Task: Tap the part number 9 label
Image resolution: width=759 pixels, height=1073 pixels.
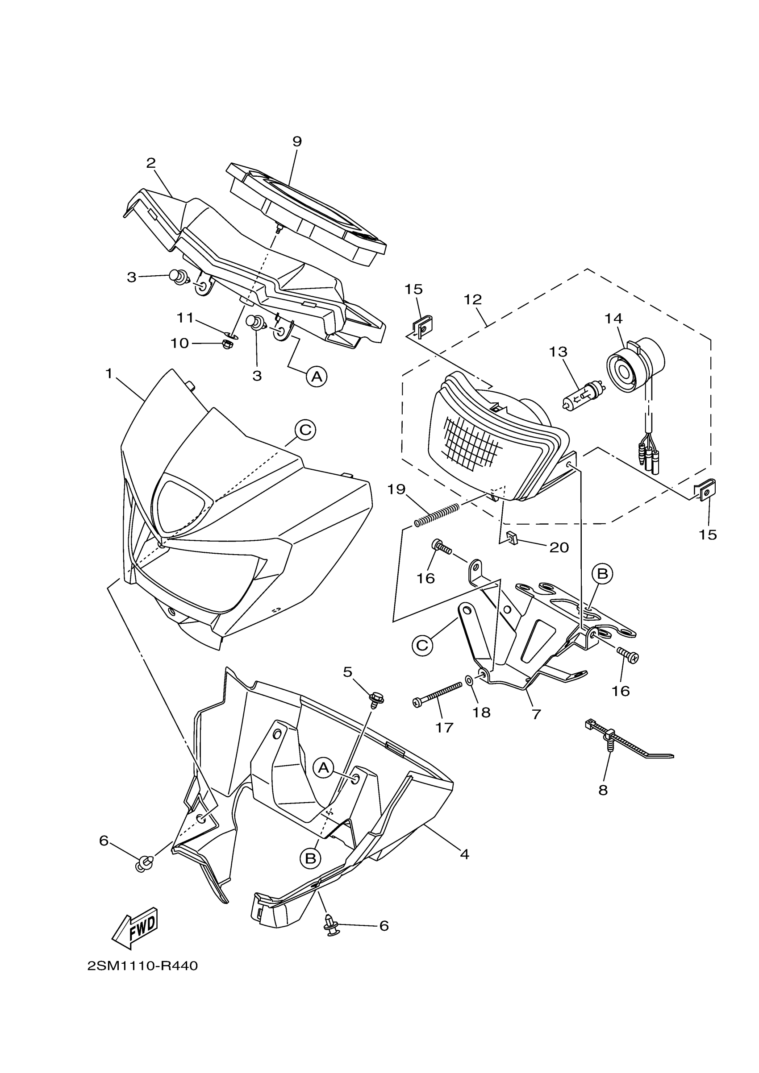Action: (297, 141)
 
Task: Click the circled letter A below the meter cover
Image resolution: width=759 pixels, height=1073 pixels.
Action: (317, 376)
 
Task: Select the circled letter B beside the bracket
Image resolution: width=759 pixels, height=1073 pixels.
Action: (602, 573)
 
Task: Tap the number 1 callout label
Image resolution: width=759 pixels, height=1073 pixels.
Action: (109, 374)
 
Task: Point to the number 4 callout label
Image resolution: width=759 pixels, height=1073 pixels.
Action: (464, 854)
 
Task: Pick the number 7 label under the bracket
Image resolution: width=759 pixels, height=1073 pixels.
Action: (536, 714)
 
